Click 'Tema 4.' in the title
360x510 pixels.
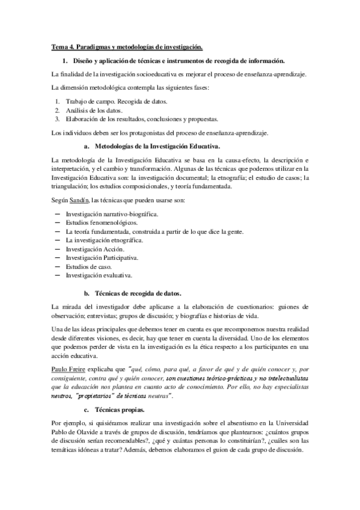point(61,47)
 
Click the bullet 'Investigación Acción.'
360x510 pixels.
point(95,248)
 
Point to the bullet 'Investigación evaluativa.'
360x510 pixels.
point(99,275)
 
